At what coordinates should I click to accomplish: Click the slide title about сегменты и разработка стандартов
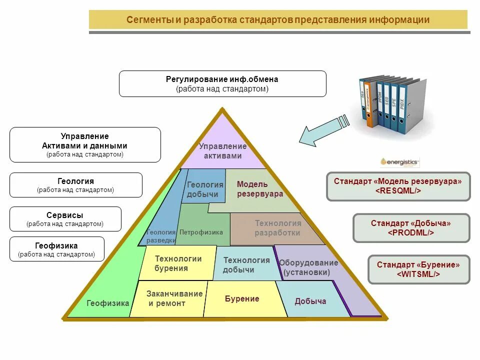(x=278, y=20)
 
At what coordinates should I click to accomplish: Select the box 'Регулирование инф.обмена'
(x=222, y=83)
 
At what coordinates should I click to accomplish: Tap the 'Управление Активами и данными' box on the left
(x=85, y=144)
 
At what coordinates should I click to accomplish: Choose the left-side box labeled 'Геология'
(x=75, y=185)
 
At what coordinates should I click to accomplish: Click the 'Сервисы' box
(x=65, y=219)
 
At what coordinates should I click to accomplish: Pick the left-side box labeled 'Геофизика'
(x=56, y=249)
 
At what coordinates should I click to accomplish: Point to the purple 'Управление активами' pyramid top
(x=223, y=150)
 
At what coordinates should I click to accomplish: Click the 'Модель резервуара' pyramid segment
(x=260, y=189)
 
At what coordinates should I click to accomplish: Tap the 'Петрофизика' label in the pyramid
(x=201, y=232)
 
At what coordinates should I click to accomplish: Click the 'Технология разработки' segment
(x=277, y=228)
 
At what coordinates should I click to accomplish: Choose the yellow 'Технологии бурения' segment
(x=178, y=263)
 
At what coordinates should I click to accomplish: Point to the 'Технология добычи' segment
(x=246, y=265)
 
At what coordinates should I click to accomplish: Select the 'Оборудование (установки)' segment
(x=308, y=267)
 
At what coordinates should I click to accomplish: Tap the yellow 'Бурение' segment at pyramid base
(x=242, y=299)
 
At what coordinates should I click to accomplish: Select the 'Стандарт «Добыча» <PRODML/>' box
(x=411, y=228)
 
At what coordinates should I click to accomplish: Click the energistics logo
(x=399, y=161)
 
